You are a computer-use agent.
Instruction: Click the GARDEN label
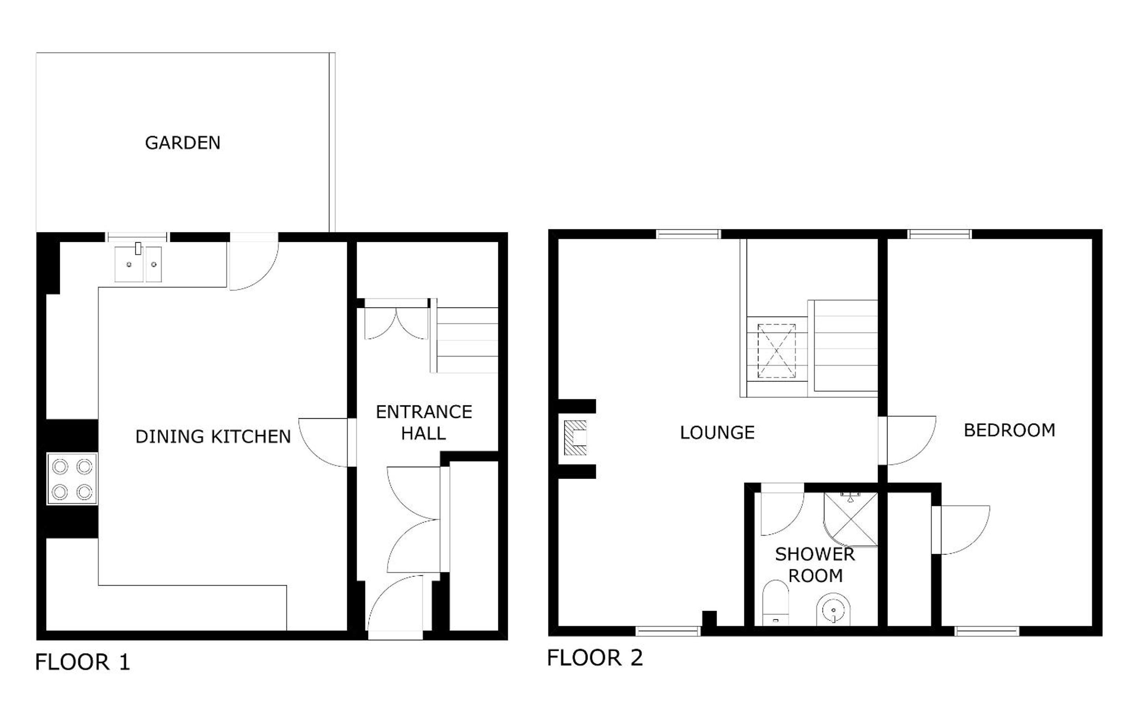coord(183,142)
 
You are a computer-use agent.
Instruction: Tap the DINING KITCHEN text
coord(213,437)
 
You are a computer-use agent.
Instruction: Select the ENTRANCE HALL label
coord(424,422)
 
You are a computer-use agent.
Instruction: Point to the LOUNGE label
coord(717,432)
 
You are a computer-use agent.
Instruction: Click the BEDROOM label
coord(1010,430)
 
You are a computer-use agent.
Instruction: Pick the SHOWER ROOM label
coord(815,565)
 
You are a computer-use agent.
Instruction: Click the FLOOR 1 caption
coord(82,662)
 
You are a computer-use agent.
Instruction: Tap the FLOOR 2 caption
coord(595,658)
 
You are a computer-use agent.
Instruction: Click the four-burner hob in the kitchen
coord(72,479)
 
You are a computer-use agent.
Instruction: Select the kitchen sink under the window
coord(138,263)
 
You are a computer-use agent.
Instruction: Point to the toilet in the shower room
coord(775,603)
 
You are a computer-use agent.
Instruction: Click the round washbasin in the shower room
coord(834,610)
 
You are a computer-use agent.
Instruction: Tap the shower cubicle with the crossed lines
coord(851,519)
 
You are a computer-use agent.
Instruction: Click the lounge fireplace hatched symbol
coord(575,438)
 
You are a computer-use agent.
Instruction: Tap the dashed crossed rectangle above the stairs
coord(776,351)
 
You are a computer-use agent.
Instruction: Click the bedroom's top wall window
coord(939,234)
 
